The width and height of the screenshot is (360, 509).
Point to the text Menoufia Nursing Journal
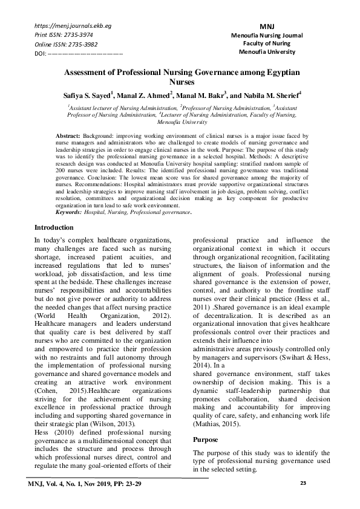(x=267, y=36)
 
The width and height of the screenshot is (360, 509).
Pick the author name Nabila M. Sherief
(x=272, y=96)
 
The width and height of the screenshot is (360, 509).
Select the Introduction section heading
(x=54, y=228)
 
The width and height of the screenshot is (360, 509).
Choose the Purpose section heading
(x=206, y=439)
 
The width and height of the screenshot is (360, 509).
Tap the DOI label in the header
(x=41, y=54)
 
